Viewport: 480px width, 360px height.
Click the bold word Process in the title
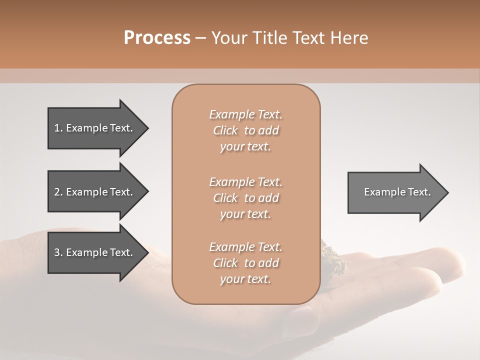pyautogui.click(x=157, y=38)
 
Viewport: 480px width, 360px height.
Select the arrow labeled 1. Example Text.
pyautogui.click(x=95, y=128)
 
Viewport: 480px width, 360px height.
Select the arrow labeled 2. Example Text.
pyautogui.click(x=95, y=192)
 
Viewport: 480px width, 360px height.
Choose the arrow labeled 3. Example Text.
pyautogui.click(x=95, y=252)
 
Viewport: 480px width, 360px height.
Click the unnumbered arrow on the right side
pyautogui.click(x=395, y=192)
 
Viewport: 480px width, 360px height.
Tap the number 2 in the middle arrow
pyautogui.click(x=57, y=192)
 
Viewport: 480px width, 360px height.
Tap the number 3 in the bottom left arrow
pyautogui.click(x=57, y=252)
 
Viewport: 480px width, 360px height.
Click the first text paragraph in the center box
pyautogui.click(x=245, y=130)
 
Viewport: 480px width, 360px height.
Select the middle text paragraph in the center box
pyautogui.click(x=245, y=197)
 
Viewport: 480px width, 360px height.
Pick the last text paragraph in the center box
pyautogui.click(x=245, y=263)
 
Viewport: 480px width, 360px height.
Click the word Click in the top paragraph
pyautogui.click(x=225, y=130)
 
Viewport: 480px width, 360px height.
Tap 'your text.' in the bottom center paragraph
pyautogui.click(x=245, y=279)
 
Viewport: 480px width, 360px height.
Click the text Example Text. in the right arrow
pyautogui.click(x=397, y=192)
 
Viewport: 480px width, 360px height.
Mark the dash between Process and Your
pyautogui.click(x=201, y=38)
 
